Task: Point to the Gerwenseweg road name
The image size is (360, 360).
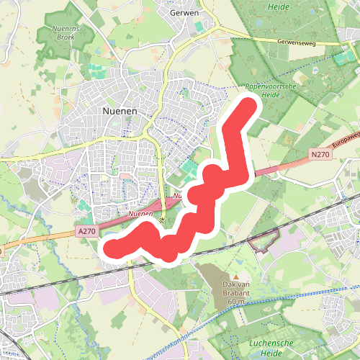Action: (297, 43)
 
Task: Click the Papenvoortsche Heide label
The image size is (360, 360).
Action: (262, 89)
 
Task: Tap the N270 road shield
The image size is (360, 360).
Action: (321, 154)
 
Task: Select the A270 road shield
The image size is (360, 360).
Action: (86, 230)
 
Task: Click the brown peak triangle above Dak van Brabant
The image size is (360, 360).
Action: (235, 276)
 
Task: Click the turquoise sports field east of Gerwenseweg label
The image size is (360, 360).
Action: (341, 58)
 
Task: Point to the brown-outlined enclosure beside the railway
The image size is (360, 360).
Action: (264, 241)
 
